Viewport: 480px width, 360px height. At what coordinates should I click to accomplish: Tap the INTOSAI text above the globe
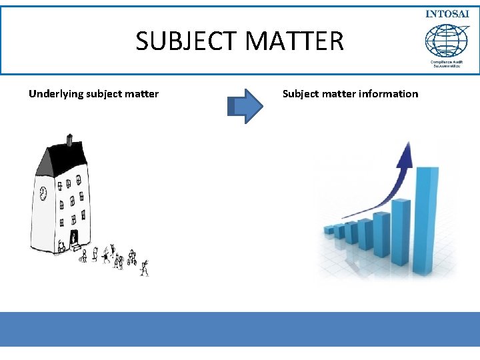click(x=448, y=15)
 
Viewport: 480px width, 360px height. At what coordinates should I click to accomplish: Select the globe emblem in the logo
click(x=447, y=40)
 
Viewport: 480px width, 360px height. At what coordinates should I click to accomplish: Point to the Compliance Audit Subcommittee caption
click(x=448, y=63)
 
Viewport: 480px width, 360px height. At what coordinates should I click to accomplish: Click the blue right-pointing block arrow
click(x=245, y=106)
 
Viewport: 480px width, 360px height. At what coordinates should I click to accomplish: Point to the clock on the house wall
click(x=43, y=193)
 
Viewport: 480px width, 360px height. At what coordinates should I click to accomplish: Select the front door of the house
click(x=73, y=237)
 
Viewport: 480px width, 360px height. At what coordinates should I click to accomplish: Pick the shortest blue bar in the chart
click(x=329, y=230)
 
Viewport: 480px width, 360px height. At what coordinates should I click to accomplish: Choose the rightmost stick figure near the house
click(x=144, y=268)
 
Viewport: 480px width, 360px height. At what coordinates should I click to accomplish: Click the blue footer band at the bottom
click(x=240, y=329)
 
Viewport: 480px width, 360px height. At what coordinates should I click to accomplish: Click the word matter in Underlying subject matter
click(x=143, y=94)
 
